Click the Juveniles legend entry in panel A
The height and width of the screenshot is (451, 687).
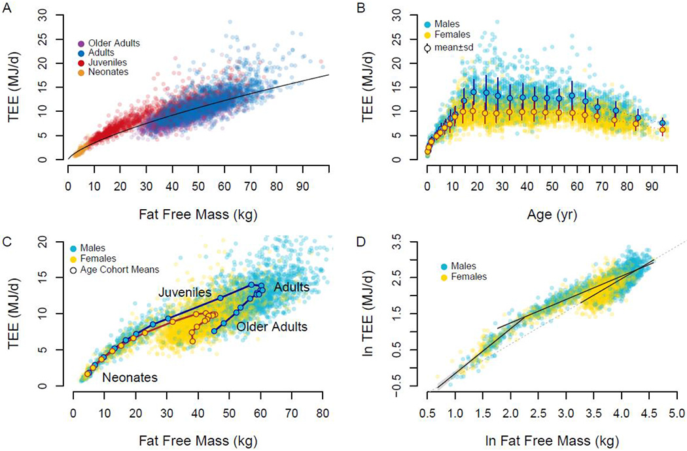pos(110,65)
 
